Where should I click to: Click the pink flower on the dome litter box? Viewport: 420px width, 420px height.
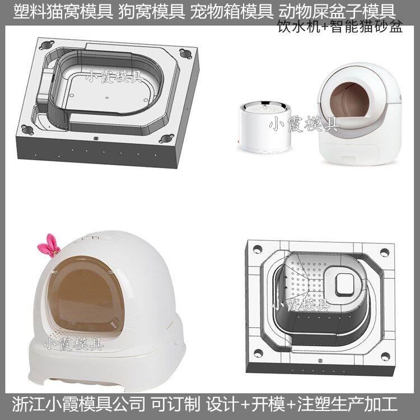(x=49, y=246)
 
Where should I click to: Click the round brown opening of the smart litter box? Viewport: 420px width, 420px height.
(x=349, y=100)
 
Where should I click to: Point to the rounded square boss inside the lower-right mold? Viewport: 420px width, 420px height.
(x=346, y=284)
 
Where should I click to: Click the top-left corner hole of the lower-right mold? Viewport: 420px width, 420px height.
(x=258, y=249)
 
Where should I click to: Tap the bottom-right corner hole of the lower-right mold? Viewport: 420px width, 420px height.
(x=385, y=357)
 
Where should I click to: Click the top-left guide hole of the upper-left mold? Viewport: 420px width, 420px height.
(x=47, y=45)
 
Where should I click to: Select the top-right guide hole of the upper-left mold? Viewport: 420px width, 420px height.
(x=185, y=54)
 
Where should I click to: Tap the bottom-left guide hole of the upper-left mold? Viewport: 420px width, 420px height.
(x=27, y=129)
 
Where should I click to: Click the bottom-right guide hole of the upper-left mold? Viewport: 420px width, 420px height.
(x=166, y=138)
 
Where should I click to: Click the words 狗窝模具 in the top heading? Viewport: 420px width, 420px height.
(x=152, y=12)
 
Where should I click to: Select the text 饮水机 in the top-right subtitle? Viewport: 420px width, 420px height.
(x=299, y=26)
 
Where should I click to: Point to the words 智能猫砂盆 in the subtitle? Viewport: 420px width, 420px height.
(x=367, y=26)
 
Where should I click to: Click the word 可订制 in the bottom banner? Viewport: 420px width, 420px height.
(x=175, y=404)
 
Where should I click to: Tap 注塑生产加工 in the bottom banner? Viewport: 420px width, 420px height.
(x=347, y=404)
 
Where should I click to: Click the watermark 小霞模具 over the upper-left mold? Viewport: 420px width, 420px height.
(x=114, y=76)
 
